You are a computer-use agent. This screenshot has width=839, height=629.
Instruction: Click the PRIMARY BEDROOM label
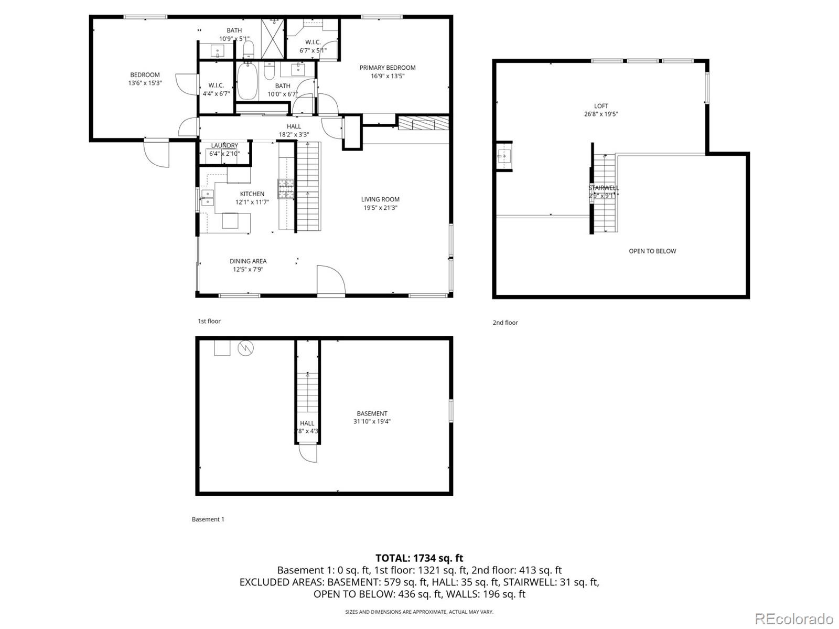(x=388, y=71)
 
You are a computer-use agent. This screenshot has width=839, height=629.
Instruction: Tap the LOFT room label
(x=601, y=110)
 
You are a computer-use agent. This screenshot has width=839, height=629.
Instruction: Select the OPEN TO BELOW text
(x=652, y=251)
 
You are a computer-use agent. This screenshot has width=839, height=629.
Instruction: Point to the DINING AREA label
(x=248, y=265)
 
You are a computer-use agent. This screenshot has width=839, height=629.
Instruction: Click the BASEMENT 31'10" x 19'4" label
(x=372, y=417)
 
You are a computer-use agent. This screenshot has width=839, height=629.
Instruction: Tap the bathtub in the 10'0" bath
(x=247, y=81)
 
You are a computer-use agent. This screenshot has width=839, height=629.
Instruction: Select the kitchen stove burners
(x=286, y=189)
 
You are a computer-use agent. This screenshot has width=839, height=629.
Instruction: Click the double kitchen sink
(x=208, y=198)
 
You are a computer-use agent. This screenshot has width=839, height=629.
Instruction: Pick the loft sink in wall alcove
(x=504, y=156)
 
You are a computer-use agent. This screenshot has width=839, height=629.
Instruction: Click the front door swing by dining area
(x=330, y=281)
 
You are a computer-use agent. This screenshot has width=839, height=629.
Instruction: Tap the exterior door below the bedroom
(x=157, y=153)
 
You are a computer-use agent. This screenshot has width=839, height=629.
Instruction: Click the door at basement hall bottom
(x=308, y=453)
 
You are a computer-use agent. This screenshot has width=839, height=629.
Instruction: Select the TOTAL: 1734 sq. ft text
(x=419, y=558)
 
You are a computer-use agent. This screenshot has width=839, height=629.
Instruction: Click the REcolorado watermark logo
(x=794, y=619)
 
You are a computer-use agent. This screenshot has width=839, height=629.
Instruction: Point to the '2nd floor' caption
(x=505, y=323)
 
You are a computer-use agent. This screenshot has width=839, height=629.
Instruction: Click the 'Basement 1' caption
(x=208, y=519)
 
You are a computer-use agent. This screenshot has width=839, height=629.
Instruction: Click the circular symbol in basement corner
(x=245, y=348)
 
